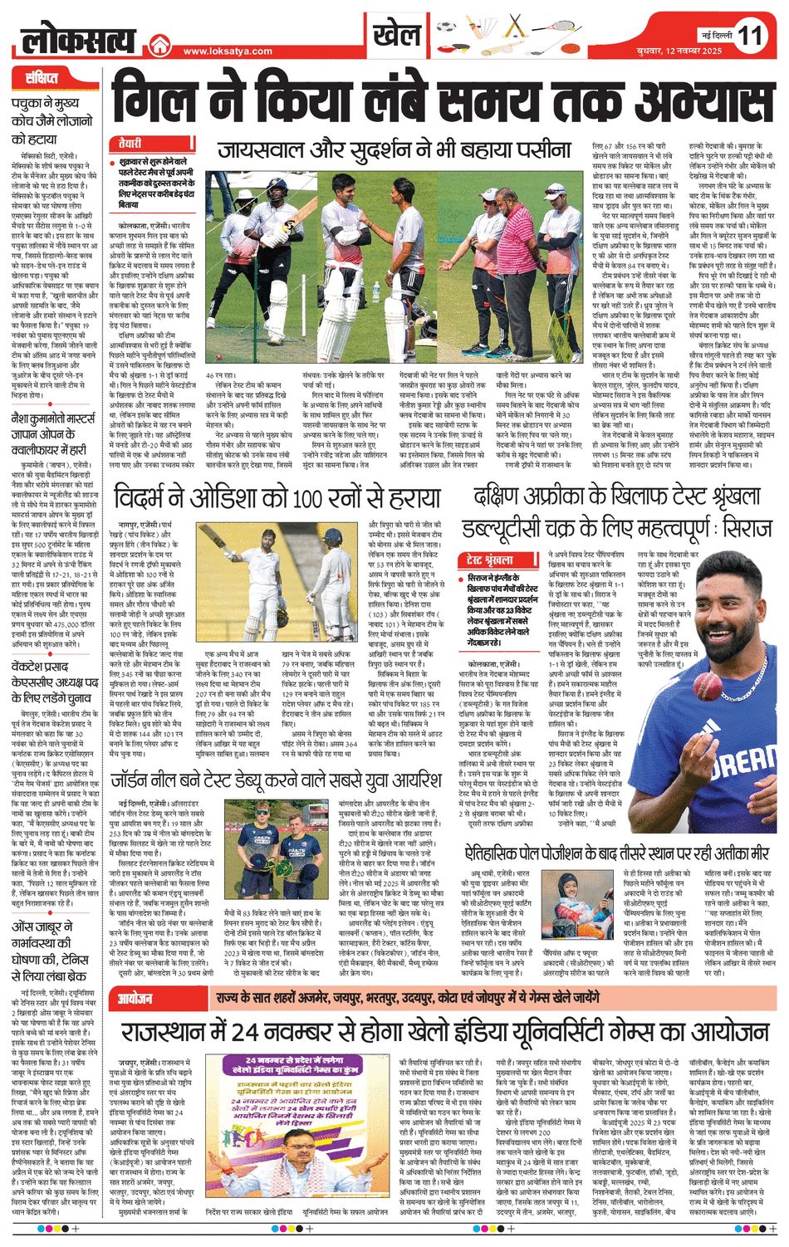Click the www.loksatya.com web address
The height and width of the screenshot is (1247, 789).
pyautogui.click(x=228, y=51)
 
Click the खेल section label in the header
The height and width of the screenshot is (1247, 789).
pyautogui.click(x=397, y=36)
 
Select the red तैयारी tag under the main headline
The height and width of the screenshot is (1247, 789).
pyautogui.click(x=129, y=143)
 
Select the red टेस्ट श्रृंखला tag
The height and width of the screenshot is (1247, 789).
pyautogui.click(x=491, y=560)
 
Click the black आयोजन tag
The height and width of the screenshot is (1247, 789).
pyautogui.click(x=134, y=997)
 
